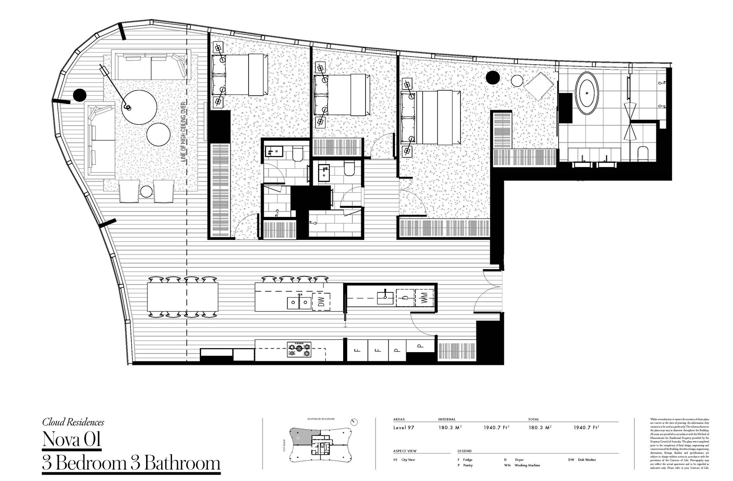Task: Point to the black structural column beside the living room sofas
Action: click(x=80, y=95)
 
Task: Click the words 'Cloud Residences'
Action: click(x=73, y=422)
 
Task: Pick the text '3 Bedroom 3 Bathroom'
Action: click(x=131, y=463)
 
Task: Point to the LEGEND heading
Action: click(x=464, y=451)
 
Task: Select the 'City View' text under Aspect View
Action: click(x=408, y=460)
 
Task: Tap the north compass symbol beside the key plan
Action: click(x=354, y=422)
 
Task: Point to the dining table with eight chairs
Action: click(x=183, y=298)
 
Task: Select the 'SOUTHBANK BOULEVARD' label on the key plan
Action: click(x=321, y=420)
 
